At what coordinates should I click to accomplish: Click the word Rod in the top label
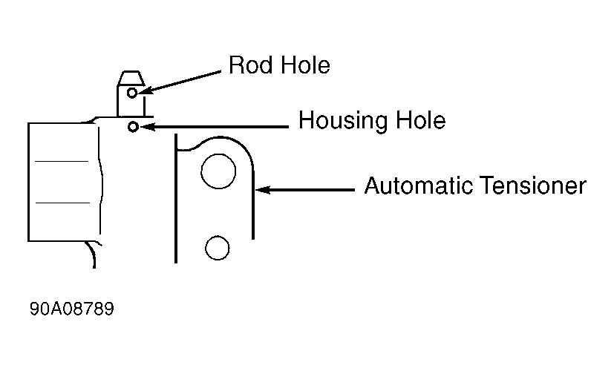tap(248, 66)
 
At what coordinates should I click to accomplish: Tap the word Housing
tap(344, 120)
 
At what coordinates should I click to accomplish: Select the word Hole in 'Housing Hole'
tap(421, 120)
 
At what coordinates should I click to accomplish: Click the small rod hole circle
tap(132, 93)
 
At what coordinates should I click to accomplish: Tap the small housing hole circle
tap(132, 127)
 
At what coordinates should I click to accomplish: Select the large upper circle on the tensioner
tap(218, 171)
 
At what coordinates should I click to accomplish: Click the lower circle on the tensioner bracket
tap(217, 248)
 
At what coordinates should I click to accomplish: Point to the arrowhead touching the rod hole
tap(144, 91)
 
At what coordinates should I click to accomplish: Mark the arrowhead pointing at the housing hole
tap(145, 127)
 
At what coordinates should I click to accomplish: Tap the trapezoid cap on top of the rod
tap(131, 78)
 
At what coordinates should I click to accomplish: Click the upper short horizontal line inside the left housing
tap(62, 161)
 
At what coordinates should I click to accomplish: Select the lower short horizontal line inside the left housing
tap(62, 202)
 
